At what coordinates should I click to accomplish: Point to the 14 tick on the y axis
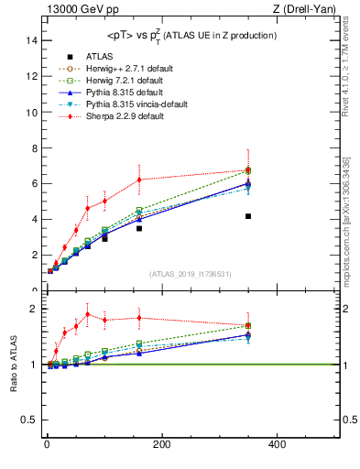(32, 41)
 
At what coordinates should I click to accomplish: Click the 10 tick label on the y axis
(32, 113)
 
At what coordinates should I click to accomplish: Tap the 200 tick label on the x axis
(161, 444)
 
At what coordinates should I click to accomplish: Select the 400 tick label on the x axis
(276, 444)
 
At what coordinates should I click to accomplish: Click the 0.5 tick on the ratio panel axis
(29, 420)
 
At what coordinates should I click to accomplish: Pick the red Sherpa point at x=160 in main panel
(139, 180)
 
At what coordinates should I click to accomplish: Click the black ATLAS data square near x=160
(139, 228)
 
